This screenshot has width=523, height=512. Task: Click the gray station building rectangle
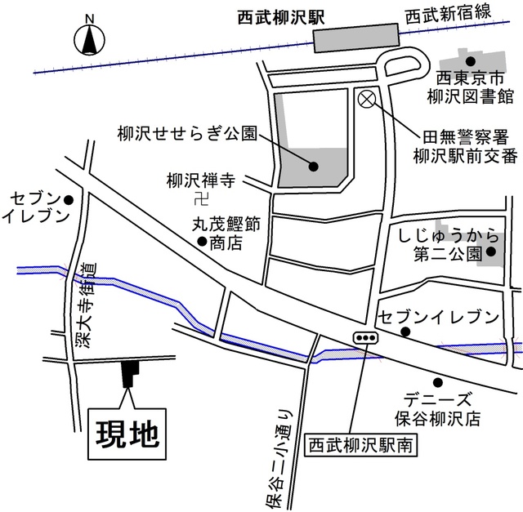click(x=357, y=38)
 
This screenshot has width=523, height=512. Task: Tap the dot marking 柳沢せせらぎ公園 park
click(x=314, y=167)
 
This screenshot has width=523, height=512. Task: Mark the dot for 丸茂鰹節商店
click(x=202, y=241)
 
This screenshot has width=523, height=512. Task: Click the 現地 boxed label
click(x=127, y=432)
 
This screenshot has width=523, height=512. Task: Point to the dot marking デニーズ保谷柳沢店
click(x=438, y=381)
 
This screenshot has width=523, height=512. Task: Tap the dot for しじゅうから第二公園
click(x=491, y=252)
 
